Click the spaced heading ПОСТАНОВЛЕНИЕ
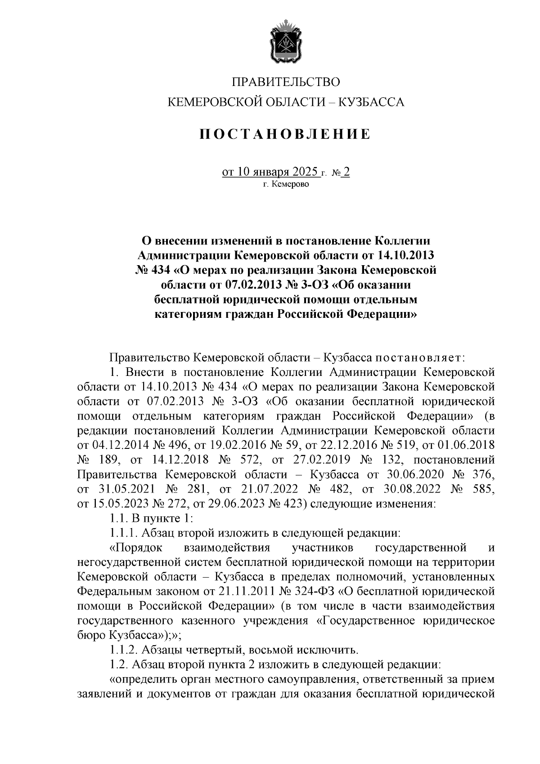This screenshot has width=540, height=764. coord(286,134)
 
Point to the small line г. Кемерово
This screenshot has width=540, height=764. coord(286,184)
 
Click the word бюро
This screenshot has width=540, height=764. coord(91,635)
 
